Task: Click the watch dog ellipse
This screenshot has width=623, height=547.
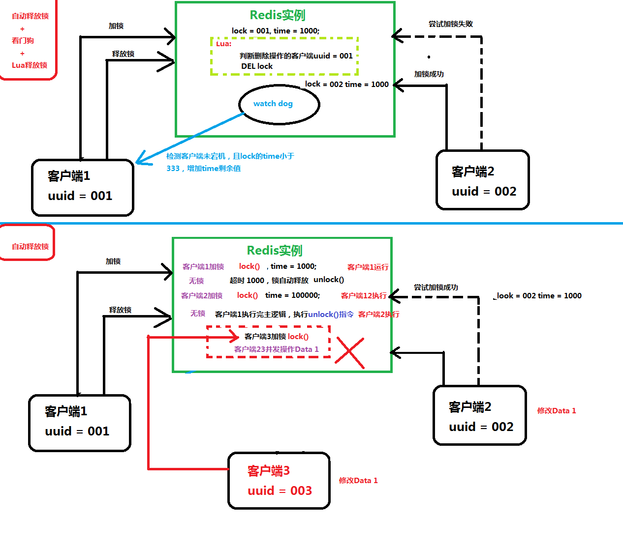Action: [279, 104]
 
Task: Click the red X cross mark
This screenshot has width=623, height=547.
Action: [350, 353]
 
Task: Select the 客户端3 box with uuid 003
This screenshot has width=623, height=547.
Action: [279, 481]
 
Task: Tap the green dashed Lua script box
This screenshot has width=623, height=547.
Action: [284, 56]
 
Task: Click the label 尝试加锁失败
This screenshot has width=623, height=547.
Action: [450, 24]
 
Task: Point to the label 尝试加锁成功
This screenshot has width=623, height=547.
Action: [436, 287]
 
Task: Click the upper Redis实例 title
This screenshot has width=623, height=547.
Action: [278, 15]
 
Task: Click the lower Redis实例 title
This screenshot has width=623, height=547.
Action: [275, 251]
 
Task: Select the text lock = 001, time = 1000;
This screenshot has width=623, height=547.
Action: [276, 30]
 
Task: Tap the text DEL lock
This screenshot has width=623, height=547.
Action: [257, 66]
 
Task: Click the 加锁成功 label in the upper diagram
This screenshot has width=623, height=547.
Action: [429, 74]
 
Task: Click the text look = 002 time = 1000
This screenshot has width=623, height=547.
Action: [539, 295]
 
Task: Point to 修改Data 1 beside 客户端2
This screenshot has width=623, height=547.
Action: [556, 410]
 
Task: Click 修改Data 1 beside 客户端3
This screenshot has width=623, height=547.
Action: [358, 480]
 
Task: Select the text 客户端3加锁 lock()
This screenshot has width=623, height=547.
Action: [277, 336]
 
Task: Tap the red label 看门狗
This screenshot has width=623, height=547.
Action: [23, 40]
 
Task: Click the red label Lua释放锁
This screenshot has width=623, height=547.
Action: [30, 65]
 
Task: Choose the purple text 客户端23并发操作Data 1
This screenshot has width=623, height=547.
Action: [276, 349]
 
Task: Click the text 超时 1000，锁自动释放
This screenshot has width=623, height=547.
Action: [269, 280]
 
